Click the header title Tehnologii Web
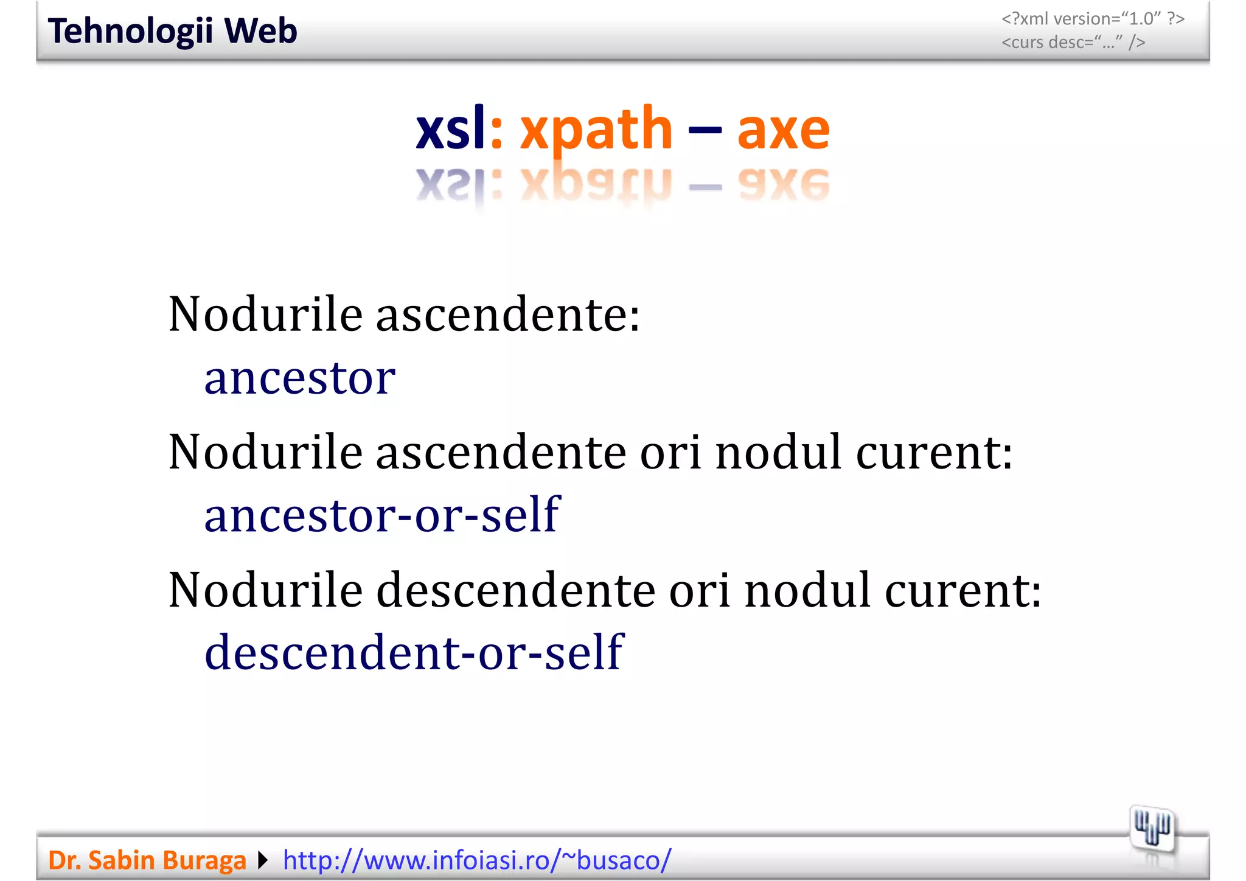172,31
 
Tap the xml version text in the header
1093,19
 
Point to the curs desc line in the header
1073,43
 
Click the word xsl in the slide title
451,128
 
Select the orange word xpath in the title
596,130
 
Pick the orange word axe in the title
783,130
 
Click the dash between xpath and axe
705,130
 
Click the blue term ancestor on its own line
299,378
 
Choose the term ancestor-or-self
381,515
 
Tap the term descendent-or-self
414,652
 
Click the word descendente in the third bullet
515,590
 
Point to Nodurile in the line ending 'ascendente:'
265,315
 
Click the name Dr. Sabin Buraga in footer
147,860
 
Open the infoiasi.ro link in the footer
477,860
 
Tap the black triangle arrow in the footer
263,860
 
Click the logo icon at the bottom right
1152,829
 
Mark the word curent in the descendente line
962,590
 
